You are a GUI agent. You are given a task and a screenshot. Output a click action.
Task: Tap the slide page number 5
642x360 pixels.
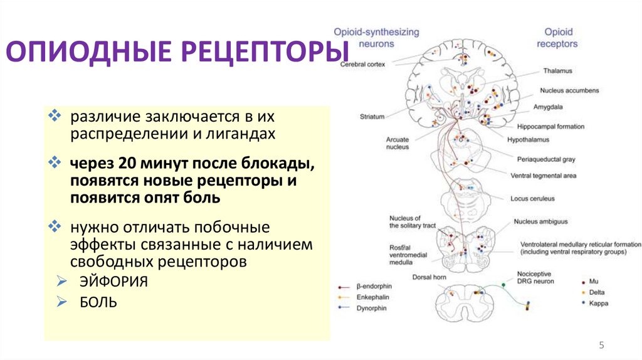tap(602, 345)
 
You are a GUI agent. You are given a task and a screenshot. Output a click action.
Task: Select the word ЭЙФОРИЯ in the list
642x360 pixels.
tap(113, 282)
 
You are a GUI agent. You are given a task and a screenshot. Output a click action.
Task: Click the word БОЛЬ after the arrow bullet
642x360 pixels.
tap(98, 302)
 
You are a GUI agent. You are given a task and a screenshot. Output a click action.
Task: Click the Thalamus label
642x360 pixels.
tap(557, 71)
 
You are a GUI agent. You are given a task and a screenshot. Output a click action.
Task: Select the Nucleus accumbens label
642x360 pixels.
tap(569, 90)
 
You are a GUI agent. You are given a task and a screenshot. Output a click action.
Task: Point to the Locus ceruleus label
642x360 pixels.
tap(532, 199)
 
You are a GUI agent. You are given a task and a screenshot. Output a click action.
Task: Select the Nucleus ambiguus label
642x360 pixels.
tap(540, 221)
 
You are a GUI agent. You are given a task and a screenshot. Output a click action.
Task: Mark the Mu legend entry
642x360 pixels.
tap(597, 282)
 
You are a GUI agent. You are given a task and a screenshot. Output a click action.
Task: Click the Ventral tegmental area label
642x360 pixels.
tap(543, 176)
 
